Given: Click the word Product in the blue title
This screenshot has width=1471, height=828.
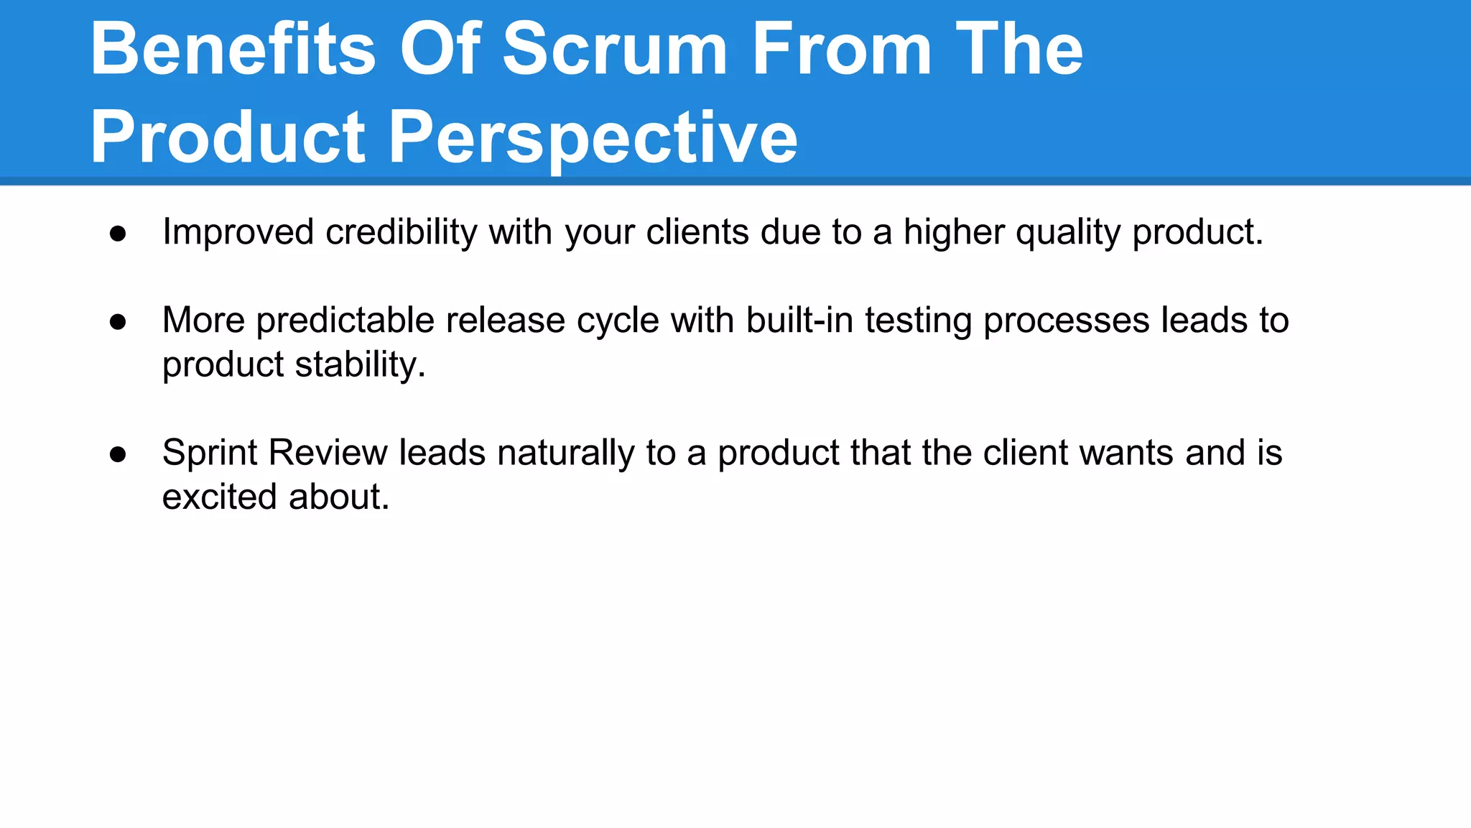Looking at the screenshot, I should pos(228,137).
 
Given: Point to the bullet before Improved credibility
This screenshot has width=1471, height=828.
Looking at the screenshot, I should pos(118,234).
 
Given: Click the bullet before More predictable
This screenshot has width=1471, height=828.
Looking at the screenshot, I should pos(118,322).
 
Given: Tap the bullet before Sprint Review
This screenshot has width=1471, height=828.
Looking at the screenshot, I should pos(118,454).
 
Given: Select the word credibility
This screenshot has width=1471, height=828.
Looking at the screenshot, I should pos(401,233).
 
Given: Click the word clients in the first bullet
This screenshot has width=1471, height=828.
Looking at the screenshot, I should pos(697,232).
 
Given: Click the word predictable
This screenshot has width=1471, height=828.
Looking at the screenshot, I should pos(345,321).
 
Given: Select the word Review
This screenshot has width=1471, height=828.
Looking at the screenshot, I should pos(328,453).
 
